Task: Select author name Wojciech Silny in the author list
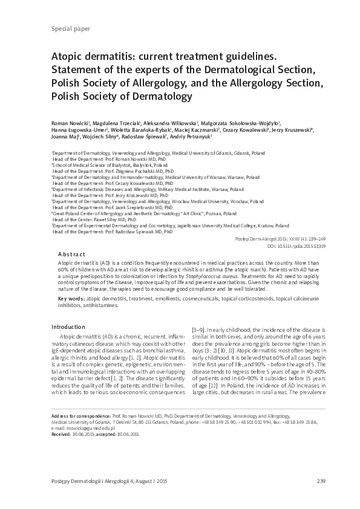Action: pos(108,137)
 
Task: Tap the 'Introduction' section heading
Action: pos(68,327)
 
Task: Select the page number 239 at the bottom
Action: pos(304,481)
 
